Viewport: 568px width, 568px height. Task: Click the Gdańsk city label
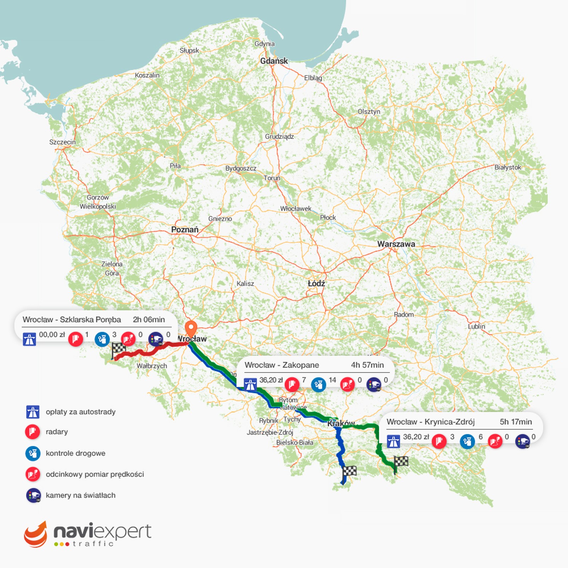274,61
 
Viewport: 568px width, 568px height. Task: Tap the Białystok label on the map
508,167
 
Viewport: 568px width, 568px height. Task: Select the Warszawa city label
396,244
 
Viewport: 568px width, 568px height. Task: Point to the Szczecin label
62,142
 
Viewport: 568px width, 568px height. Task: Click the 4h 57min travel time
367,365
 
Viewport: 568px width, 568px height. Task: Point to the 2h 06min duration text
149,319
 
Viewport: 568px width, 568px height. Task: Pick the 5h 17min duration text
515,422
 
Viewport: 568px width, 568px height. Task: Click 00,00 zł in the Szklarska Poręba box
52,335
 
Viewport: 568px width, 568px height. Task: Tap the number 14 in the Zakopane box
332,380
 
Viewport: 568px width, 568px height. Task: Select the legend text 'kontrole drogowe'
75,453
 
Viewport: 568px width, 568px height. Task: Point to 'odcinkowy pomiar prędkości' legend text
95,474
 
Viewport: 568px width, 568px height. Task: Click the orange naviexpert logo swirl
35,535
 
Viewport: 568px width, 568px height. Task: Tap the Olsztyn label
368,111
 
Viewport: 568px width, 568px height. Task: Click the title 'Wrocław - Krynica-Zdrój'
430,422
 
